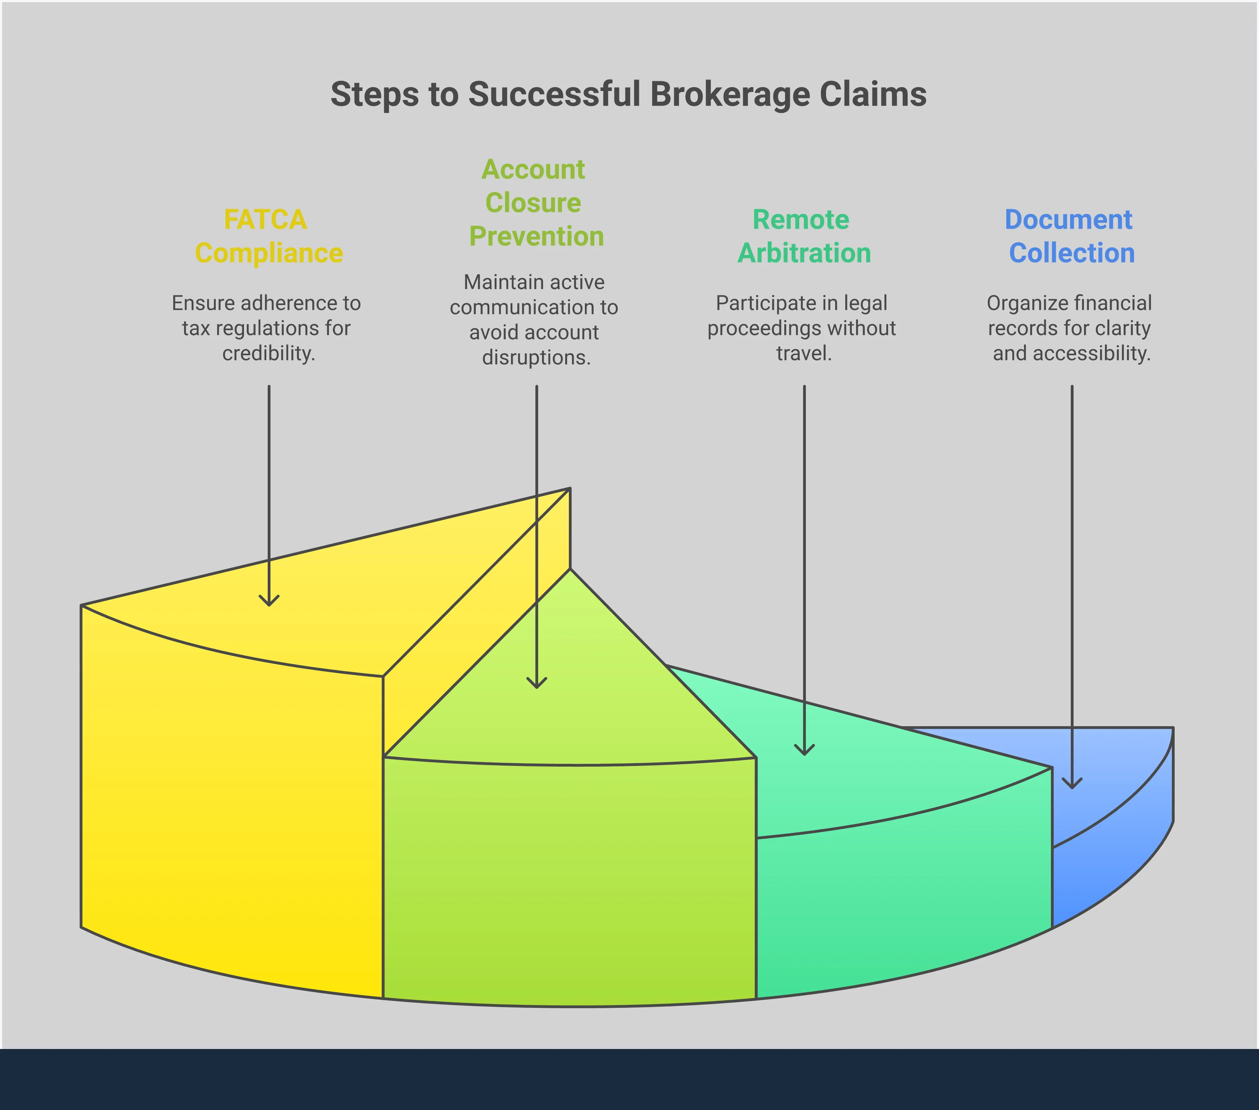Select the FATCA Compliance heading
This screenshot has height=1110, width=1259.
point(268,236)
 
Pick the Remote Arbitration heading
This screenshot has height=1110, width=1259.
point(803,236)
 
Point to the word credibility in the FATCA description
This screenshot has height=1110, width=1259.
point(268,353)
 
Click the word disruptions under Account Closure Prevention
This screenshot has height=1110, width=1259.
point(536,357)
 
